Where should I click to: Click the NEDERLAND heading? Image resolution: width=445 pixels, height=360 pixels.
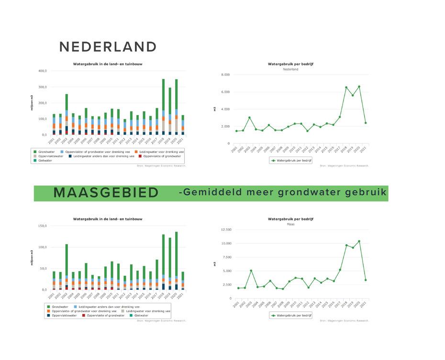tap(108, 47)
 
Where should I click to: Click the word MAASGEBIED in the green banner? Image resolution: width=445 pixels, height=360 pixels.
tap(106, 193)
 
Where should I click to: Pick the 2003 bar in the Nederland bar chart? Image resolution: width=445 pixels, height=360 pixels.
tap(67, 115)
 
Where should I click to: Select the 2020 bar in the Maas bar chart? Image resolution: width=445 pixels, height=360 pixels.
tap(176, 261)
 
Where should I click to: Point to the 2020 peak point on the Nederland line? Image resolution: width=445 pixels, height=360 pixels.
tap(359, 87)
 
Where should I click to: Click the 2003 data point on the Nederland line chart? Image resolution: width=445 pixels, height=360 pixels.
tap(249, 118)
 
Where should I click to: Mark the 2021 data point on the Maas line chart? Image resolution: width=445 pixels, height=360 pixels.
tap(366, 280)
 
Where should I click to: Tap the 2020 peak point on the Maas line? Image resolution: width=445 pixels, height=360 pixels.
tap(359, 241)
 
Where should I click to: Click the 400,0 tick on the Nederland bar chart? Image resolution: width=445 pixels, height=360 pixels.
tap(42, 71)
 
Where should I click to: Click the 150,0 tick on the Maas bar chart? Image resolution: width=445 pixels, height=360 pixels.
tap(42, 226)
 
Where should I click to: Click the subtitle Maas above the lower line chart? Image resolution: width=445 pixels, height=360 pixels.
tap(290, 224)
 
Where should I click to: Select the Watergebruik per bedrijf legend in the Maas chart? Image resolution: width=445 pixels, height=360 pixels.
tap(290, 316)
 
